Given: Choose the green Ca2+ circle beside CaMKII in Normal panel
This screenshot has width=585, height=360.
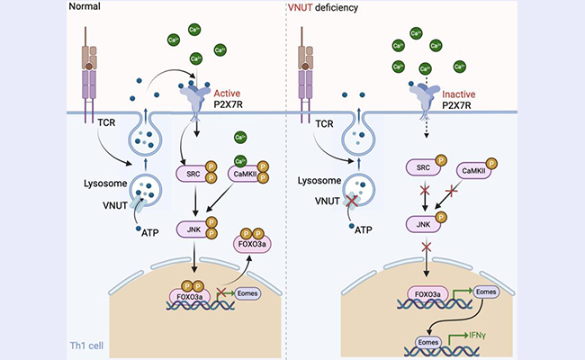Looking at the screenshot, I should tap(240, 138).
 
